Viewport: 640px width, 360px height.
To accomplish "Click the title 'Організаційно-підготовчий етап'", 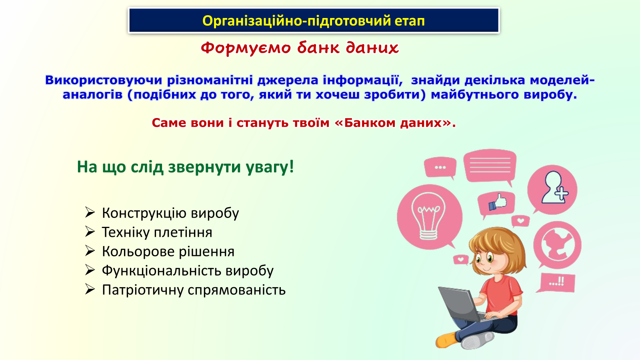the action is (314, 21).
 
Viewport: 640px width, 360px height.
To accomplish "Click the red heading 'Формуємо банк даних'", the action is (300, 48).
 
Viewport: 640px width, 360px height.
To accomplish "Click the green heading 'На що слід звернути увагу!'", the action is (185, 167).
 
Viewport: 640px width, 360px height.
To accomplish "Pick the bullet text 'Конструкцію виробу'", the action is (170, 213).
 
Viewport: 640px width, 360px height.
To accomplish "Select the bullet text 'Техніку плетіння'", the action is (157, 232).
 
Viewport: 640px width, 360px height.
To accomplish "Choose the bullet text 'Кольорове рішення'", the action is (168, 252).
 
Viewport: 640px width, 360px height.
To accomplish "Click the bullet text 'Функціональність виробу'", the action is (188, 271).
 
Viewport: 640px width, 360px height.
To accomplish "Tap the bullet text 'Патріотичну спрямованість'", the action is (194, 290).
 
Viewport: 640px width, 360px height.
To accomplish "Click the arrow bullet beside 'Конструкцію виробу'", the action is (90, 212).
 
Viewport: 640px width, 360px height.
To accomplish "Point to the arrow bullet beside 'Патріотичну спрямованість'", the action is (90, 289).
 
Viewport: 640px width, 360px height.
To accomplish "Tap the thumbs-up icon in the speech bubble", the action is (498, 202).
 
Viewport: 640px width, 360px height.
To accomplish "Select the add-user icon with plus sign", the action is (554, 188).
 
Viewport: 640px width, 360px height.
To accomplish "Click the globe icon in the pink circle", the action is (558, 245).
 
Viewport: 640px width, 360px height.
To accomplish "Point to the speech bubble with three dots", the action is (440, 168).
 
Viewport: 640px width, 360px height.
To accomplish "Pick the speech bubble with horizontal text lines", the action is (490, 166).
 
